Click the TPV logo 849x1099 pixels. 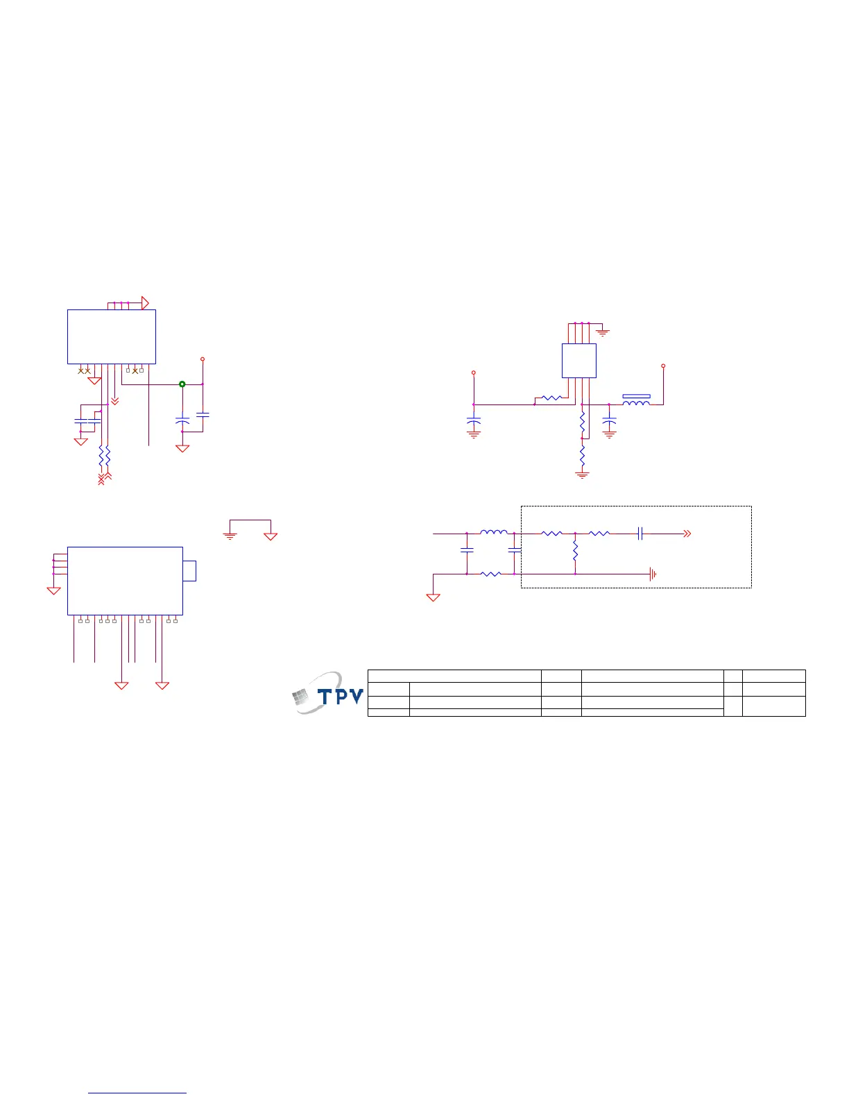pos(327,693)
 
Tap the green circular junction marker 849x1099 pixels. pos(182,384)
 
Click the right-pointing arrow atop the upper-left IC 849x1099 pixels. pos(145,303)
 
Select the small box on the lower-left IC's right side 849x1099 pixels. pos(189,571)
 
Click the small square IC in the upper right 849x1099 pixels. pos(579,361)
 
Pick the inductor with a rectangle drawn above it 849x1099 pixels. pos(636,403)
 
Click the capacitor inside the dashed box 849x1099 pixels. pos(640,534)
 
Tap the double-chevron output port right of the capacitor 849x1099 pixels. pos(687,534)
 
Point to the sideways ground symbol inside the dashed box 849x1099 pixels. pos(653,574)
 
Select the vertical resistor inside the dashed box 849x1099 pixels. pos(576,551)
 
